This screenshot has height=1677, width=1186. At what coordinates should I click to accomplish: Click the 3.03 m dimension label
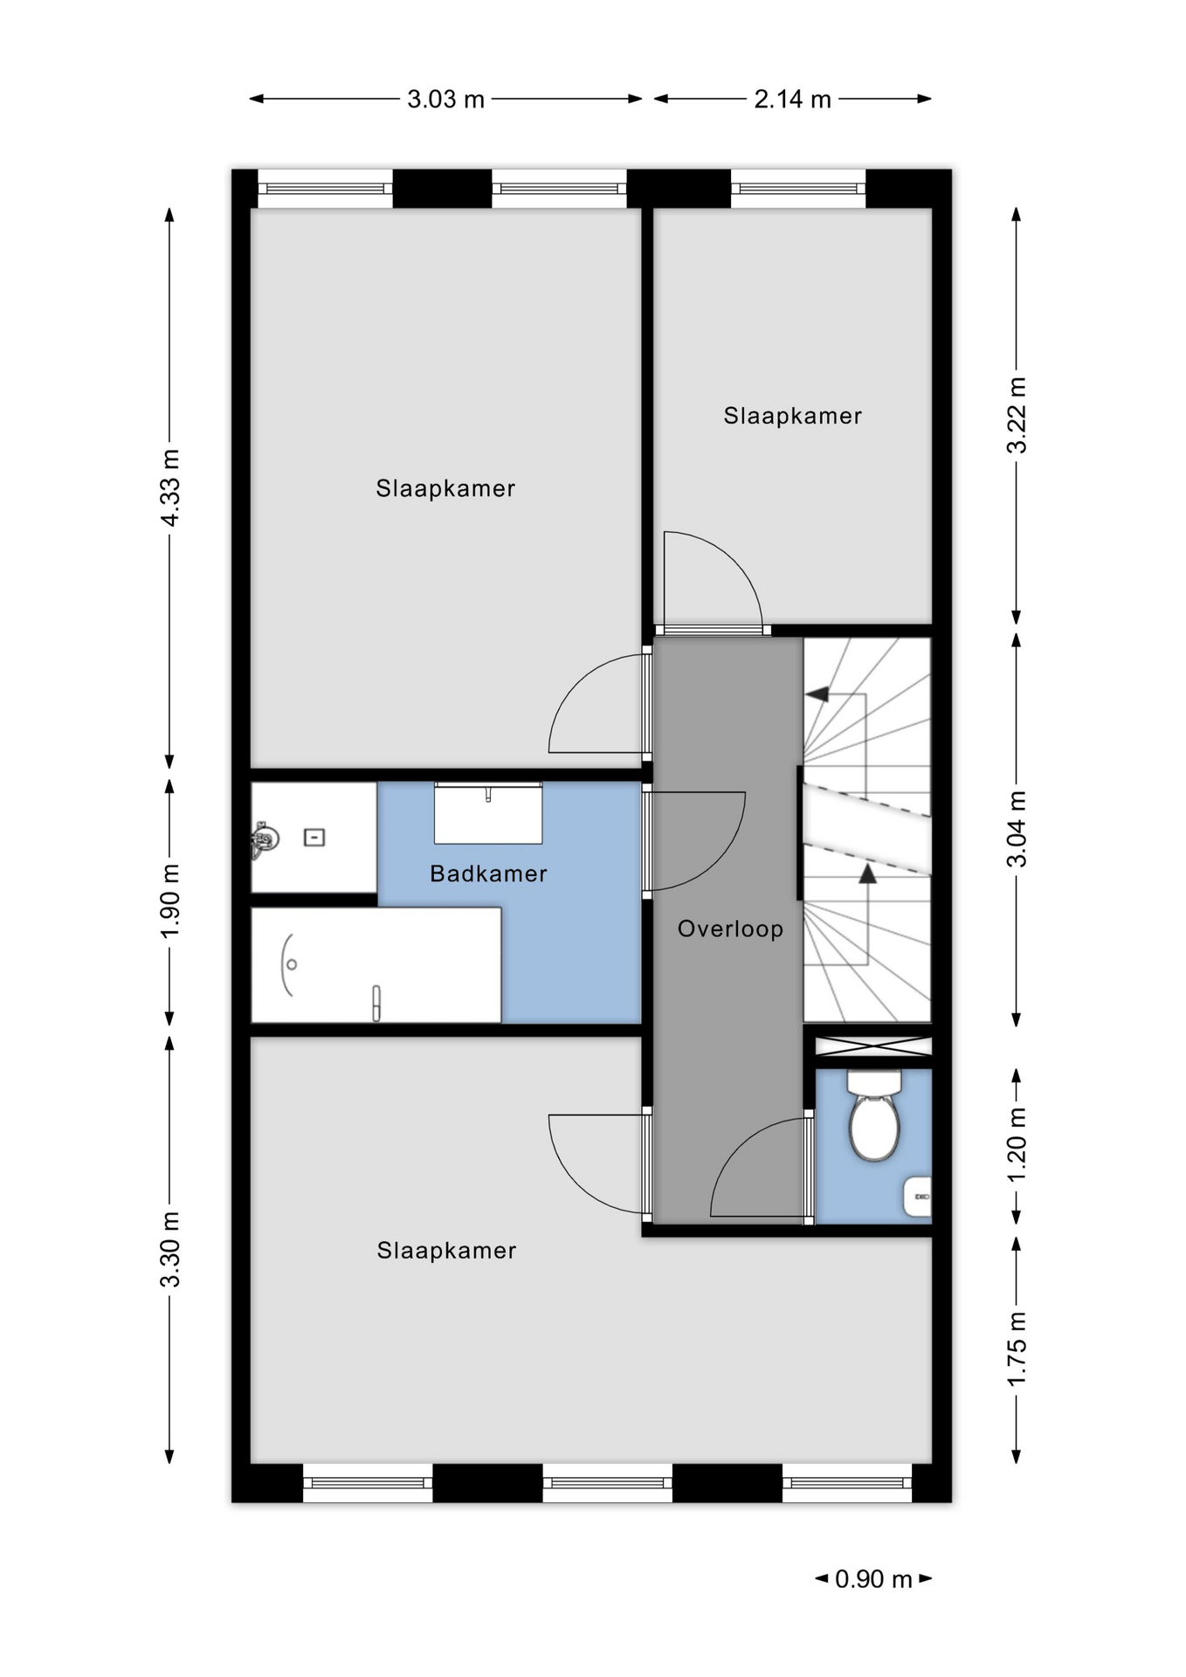[445, 100]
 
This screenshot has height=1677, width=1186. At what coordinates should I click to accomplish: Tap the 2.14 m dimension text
[792, 100]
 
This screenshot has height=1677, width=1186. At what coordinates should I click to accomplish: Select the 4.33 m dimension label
[170, 488]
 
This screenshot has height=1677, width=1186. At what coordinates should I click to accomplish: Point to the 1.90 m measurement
[170, 901]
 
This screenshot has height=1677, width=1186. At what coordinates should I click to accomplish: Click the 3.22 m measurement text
[1017, 415]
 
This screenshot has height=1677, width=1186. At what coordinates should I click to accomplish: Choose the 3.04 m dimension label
[1017, 829]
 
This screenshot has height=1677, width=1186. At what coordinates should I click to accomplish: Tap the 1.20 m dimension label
[1017, 1145]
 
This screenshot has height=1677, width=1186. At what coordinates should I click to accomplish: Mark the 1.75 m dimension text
[1017, 1349]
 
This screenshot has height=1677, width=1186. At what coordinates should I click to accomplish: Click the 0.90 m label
[873, 1579]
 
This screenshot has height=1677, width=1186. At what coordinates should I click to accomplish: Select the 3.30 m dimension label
[170, 1249]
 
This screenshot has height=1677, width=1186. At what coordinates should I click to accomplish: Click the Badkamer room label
[488, 873]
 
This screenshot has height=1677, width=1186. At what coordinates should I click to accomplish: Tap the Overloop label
[730, 928]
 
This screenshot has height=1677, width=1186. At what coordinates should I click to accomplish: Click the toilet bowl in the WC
[874, 1126]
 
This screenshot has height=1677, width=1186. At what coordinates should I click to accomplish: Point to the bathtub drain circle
[292, 964]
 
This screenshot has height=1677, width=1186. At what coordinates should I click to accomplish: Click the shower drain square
[314, 838]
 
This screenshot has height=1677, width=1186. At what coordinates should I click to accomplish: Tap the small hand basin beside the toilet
[918, 1197]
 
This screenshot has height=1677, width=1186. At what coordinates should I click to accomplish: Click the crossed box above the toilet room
[873, 1046]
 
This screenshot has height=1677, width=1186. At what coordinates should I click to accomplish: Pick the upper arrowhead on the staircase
[817, 694]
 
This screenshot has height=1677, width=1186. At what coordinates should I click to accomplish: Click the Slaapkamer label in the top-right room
[792, 416]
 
